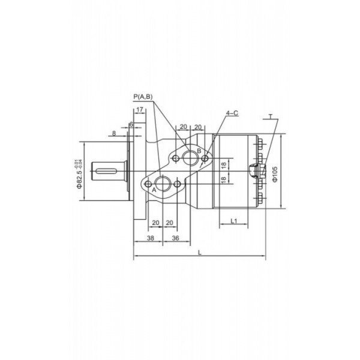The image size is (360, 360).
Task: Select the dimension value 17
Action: [139, 110]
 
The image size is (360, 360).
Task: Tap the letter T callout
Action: [271, 115]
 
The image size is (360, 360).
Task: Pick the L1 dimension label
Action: [235, 222]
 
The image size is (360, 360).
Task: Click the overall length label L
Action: [199, 252]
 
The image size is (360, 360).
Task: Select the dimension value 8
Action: [114, 133]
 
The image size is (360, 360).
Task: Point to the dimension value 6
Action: [131, 124]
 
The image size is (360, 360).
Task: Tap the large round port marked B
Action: [191, 158]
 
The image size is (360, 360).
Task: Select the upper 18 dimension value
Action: [223, 164]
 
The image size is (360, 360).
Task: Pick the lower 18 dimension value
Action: [223, 179]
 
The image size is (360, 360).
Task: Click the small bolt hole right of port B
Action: [206, 158]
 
